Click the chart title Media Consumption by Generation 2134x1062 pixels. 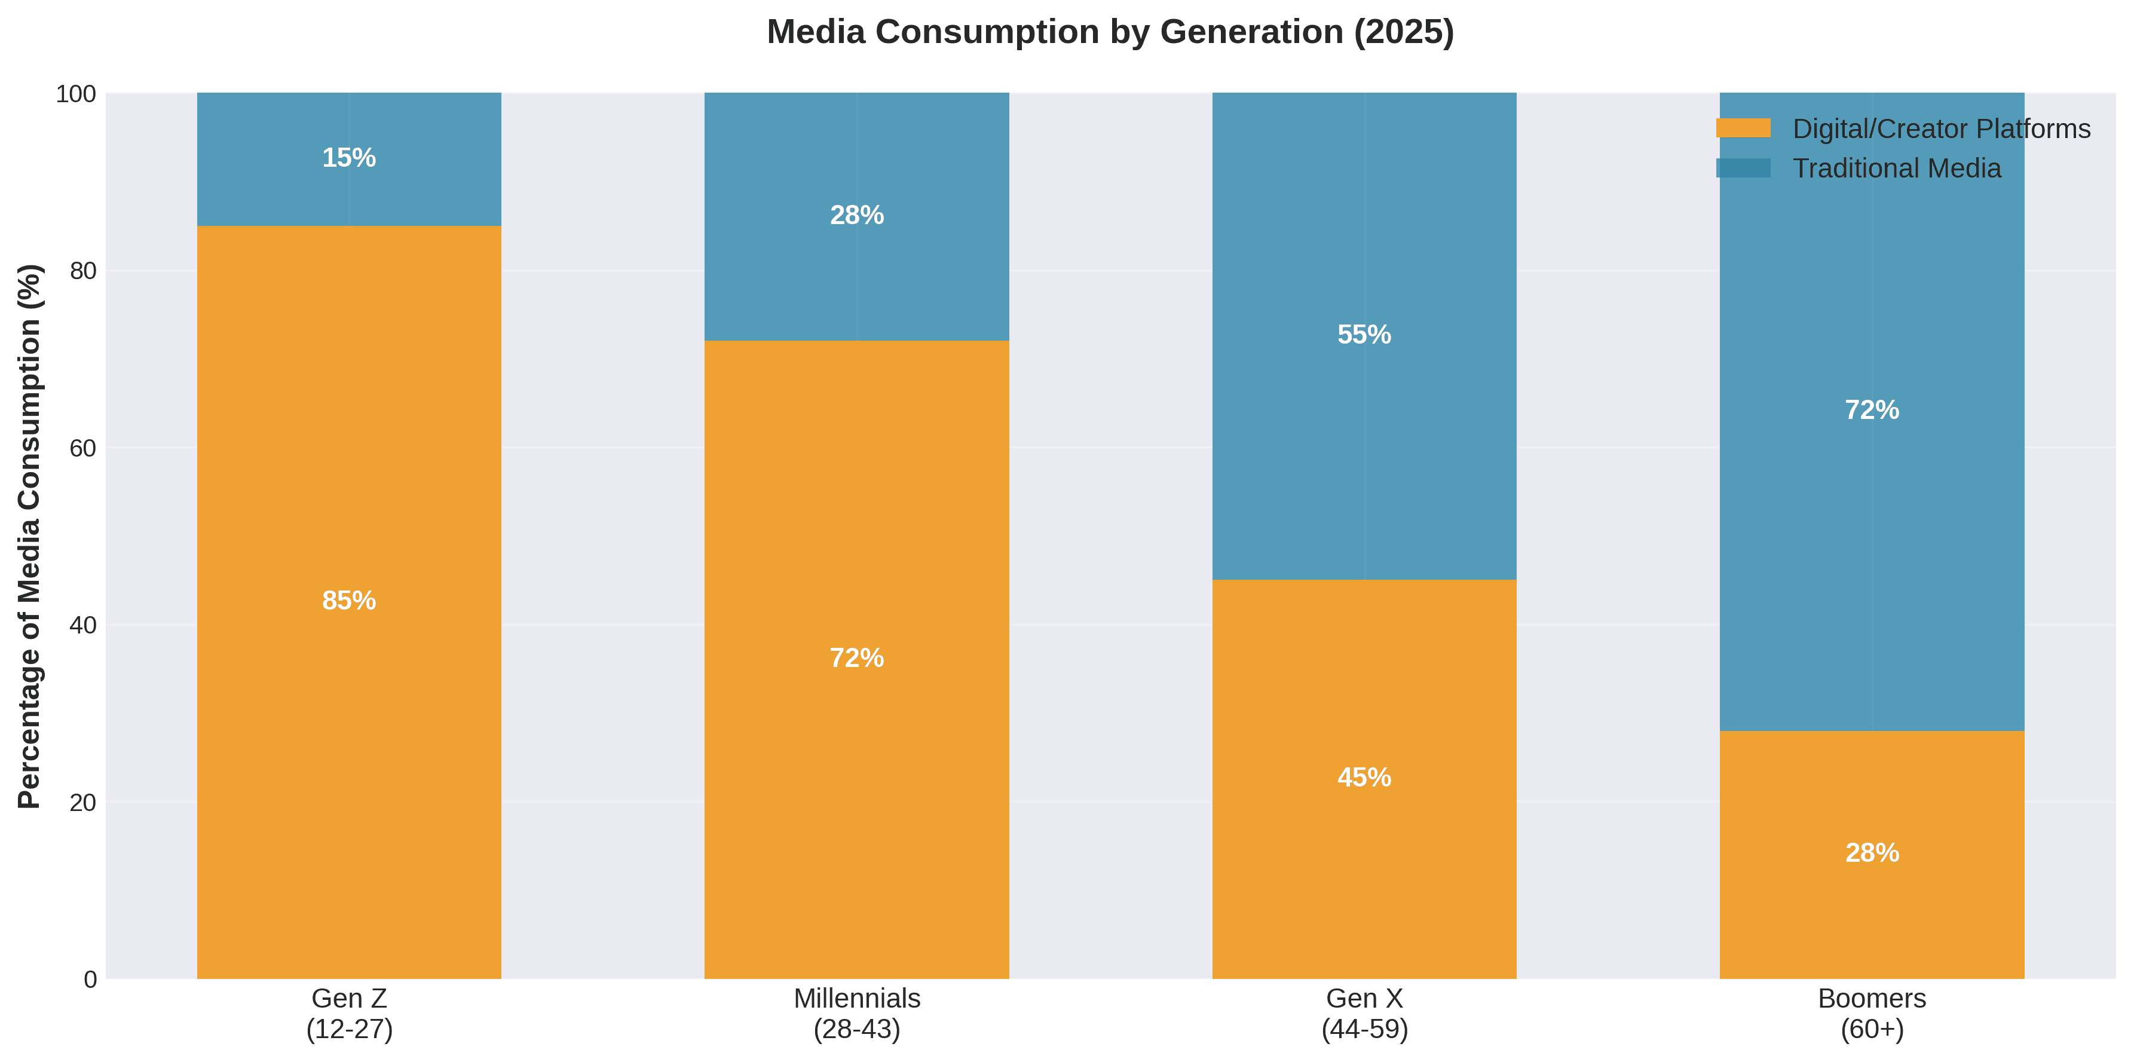1110,32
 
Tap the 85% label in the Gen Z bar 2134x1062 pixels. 349,601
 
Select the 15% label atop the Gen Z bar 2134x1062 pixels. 349,157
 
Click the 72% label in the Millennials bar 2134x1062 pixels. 856,658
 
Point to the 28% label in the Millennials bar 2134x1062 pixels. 856,215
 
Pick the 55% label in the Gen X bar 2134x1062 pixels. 1364,335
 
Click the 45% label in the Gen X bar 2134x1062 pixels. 1364,777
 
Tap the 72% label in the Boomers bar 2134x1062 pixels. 1872,410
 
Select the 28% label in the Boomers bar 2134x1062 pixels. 1872,852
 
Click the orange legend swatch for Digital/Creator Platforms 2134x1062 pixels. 1743,128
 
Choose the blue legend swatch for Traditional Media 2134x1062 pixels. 1743,168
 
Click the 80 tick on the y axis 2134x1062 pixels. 83,271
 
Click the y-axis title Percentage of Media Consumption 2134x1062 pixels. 30,536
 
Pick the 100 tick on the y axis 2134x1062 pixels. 76,94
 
